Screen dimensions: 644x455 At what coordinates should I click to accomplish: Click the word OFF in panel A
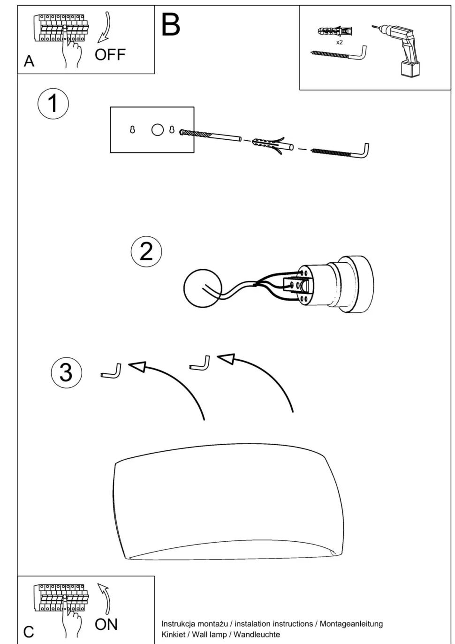[110, 55]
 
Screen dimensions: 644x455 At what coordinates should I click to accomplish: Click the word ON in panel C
[106, 624]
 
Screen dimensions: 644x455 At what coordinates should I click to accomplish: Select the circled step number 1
[53, 104]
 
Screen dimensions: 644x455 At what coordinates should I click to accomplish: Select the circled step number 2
[146, 251]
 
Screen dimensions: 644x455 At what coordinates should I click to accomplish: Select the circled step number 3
[66, 372]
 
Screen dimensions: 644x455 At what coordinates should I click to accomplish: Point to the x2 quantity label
[339, 42]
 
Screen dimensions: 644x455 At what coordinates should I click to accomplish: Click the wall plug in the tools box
[334, 32]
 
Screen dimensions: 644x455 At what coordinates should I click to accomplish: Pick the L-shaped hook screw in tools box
[340, 53]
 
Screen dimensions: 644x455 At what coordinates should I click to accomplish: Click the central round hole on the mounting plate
[158, 129]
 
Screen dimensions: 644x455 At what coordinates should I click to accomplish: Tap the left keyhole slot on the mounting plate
[132, 129]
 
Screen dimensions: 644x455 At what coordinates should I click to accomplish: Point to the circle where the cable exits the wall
[202, 288]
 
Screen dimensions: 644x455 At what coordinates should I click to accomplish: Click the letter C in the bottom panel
[29, 632]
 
